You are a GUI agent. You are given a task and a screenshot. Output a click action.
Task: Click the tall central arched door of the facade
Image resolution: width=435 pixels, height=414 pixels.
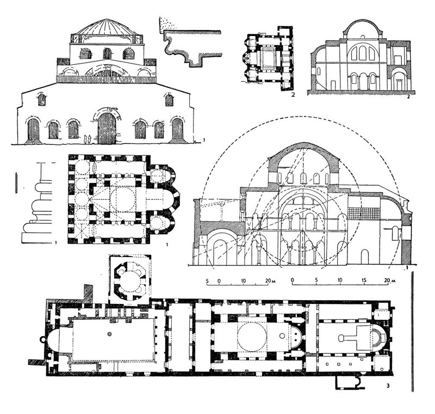pyautogui.click(x=107, y=128)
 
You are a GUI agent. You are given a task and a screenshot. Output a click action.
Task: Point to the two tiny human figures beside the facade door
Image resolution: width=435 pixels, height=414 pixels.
pyautogui.click(x=88, y=138)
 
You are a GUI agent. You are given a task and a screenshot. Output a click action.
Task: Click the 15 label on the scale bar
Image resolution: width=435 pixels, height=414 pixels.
pyautogui.click(x=364, y=280)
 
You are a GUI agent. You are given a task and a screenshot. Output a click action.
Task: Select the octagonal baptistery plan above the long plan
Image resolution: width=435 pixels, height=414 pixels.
pyautogui.click(x=130, y=280)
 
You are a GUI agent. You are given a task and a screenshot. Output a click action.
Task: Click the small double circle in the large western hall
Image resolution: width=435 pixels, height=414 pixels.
pyautogui.click(x=110, y=333)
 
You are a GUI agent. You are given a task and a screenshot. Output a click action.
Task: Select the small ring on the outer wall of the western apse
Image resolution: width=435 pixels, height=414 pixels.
pyautogui.click(x=42, y=339)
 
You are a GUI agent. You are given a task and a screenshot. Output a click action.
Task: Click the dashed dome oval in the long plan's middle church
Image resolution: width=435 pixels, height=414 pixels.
pyautogui.click(x=252, y=337)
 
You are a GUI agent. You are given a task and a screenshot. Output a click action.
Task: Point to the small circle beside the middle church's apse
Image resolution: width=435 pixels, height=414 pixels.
pyautogui.click(x=282, y=336)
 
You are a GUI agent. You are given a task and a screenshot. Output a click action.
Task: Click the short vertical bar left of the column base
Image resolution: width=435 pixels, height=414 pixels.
pyautogui.click(x=16, y=182)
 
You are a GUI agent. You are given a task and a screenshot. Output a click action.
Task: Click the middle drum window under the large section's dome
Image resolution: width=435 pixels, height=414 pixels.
pyautogui.click(x=303, y=177)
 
